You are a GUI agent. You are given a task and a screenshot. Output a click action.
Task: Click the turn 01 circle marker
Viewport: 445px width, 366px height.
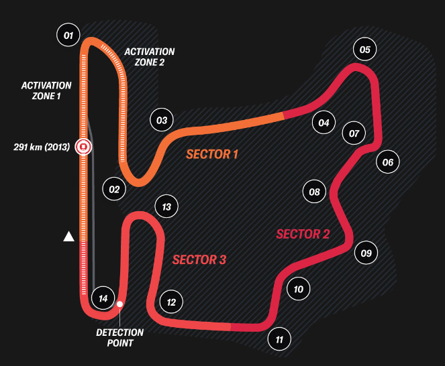68,34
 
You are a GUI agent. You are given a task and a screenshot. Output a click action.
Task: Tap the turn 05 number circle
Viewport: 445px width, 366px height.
365,49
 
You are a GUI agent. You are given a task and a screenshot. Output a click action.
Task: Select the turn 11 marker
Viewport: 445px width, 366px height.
279,339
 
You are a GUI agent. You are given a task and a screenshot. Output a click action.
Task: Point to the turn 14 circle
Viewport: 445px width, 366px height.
103,298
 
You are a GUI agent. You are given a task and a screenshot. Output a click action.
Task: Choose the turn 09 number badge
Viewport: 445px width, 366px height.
366,253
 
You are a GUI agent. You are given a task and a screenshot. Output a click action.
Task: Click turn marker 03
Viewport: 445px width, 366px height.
162,121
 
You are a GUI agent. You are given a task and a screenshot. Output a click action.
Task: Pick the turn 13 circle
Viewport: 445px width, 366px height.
166,206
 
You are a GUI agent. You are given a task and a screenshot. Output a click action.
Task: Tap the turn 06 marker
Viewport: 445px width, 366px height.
387,162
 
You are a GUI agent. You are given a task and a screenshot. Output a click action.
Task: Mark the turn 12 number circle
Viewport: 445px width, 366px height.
171,302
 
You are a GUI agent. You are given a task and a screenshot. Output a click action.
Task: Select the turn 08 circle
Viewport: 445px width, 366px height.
314,192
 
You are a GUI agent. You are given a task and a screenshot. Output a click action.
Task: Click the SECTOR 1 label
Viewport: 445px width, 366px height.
212,155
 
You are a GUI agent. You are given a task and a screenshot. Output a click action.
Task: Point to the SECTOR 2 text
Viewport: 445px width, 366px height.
303,234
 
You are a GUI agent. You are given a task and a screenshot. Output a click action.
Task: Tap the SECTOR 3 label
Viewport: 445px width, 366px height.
199,260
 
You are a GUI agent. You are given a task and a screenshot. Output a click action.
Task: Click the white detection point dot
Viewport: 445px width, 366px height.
119,304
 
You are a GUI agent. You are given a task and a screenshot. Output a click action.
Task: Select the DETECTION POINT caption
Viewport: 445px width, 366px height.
119,337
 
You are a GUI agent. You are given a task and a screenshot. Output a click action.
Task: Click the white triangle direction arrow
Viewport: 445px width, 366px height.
68,237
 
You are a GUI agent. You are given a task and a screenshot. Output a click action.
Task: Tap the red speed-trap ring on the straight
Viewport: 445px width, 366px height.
83,146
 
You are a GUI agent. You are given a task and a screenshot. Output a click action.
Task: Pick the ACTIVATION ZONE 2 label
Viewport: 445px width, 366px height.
150,57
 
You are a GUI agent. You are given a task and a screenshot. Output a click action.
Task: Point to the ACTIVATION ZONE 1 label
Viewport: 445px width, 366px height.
46,90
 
